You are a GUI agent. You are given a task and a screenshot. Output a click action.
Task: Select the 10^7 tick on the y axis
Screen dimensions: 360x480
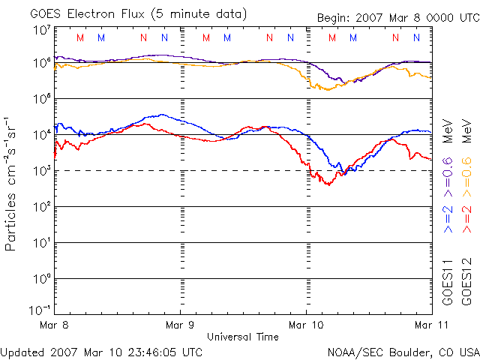[40, 31]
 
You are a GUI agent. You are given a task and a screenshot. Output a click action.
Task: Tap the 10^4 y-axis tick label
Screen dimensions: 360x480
[40, 135]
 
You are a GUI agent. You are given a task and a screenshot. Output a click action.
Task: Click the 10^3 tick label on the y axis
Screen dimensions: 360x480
[40, 171]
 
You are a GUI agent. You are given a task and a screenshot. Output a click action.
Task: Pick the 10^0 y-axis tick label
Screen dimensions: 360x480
[40, 279]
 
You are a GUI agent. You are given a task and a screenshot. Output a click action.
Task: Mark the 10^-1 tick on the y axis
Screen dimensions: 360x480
[39, 310]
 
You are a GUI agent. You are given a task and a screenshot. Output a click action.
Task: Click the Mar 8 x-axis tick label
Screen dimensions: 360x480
[54, 325]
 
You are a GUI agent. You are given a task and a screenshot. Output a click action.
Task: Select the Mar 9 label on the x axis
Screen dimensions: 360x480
[180, 325]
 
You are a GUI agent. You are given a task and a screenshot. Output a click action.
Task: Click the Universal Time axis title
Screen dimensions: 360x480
[242, 337]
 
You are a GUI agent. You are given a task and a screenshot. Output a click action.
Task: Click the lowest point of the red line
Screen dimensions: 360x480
[328, 184]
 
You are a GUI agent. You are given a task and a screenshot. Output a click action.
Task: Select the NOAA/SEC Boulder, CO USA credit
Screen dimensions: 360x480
[403, 351]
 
